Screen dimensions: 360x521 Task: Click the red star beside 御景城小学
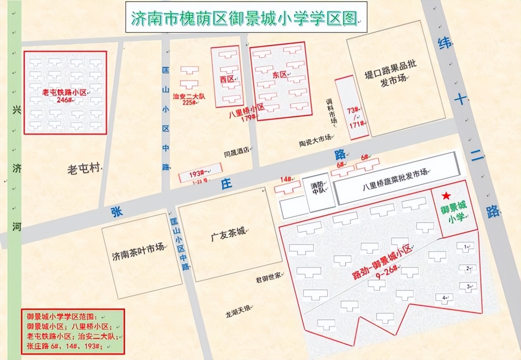[446, 196]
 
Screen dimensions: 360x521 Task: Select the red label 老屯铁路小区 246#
[65, 95]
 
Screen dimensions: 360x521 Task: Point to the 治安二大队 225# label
[189, 99]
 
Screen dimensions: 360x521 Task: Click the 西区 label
[227, 79]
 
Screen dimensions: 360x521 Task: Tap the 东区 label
[279, 75]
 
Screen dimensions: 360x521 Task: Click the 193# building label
[197, 173]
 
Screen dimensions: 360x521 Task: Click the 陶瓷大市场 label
[314, 138]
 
